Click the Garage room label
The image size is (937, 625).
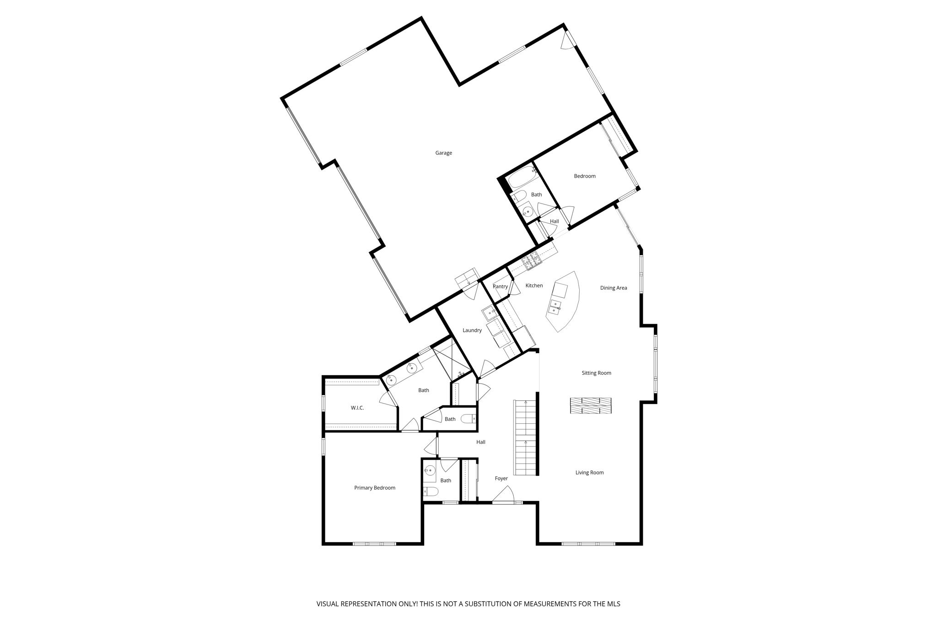443,153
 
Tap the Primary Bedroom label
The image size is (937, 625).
374,488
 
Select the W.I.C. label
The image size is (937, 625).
357,408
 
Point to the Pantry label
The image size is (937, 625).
500,286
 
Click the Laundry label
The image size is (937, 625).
472,330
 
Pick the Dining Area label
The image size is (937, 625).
613,288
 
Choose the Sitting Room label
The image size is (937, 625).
596,373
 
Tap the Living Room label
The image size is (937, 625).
589,473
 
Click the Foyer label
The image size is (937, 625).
501,479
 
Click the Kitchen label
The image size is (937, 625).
534,286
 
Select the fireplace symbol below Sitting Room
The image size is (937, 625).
590,405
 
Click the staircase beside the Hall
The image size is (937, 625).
525,437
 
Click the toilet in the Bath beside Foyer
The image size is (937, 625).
431,492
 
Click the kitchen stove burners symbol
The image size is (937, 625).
532,261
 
